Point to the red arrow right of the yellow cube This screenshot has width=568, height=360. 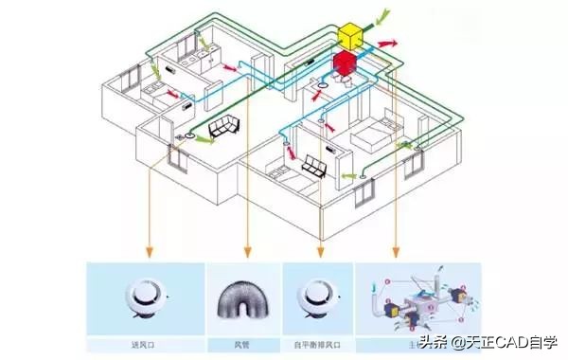pyautogui.click(x=388, y=44)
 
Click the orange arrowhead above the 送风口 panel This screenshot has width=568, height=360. pyautogui.click(x=149, y=252)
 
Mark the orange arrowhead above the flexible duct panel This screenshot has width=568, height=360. pyautogui.click(x=247, y=252)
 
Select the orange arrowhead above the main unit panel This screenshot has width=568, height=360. pyautogui.click(x=395, y=252)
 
